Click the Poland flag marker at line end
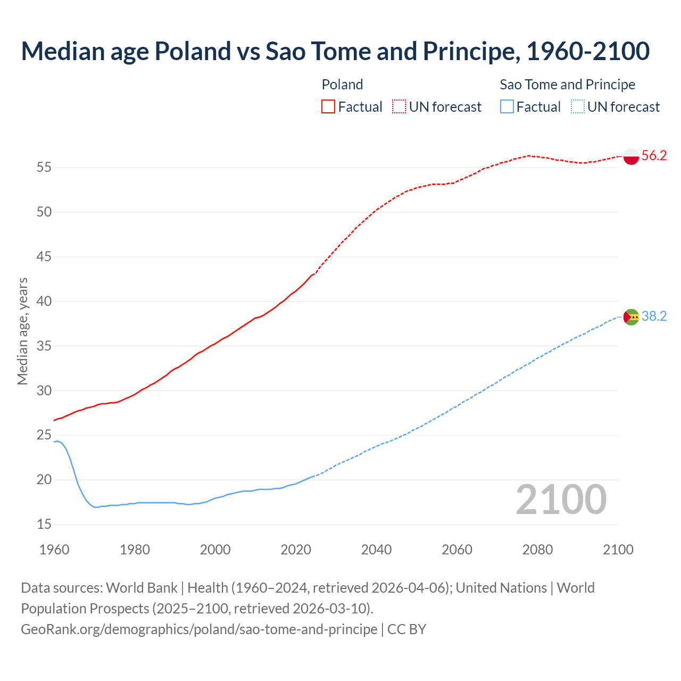630,156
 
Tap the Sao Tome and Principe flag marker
630,317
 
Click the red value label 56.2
654,156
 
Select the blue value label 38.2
654,317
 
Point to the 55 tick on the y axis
44,168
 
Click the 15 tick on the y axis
44,525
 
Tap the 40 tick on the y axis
44,302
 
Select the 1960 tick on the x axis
54,550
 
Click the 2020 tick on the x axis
296,550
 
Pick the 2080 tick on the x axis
537,550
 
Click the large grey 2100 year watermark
561,500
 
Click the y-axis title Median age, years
22,331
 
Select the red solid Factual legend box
328,107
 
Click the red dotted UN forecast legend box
399,107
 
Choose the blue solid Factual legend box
507,107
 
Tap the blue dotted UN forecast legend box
577,107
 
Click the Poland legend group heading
342,85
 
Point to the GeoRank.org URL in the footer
199,629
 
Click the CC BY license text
407,629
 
